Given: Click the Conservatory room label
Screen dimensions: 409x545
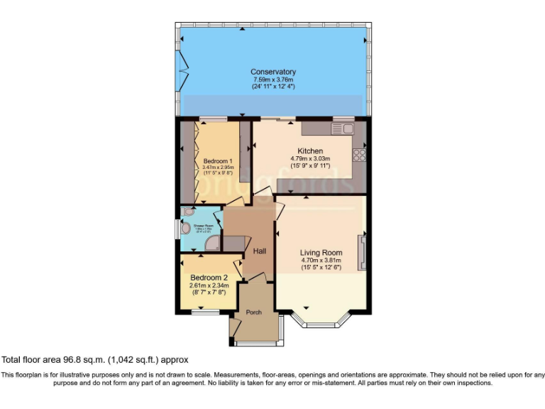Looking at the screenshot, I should click(x=272, y=72).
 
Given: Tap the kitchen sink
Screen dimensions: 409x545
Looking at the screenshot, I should click(x=346, y=129).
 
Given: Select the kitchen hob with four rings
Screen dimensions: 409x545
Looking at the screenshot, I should click(x=360, y=154).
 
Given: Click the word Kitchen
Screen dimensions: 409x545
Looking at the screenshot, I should click(x=310, y=151).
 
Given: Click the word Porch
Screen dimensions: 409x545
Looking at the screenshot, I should click(x=253, y=312).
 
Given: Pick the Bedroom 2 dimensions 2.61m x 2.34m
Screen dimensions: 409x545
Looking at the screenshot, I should click(x=208, y=285).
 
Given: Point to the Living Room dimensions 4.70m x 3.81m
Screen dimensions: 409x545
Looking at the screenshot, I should click(x=321, y=260).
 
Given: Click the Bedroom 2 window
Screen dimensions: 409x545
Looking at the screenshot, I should click(x=205, y=311).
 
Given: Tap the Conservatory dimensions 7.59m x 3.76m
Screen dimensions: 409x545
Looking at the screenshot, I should click(x=272, y=80).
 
